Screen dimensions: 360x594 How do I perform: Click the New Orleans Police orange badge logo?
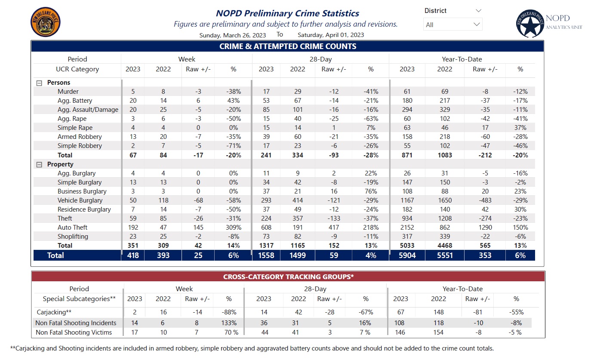[x=46, y=22]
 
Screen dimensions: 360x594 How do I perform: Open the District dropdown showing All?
[x=452, y=25]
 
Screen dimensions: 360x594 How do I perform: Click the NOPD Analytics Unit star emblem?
[x=530, y=24]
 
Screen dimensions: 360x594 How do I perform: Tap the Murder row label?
[x=68, y=92]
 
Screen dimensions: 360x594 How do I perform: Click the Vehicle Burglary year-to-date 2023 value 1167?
[x=406, y=200]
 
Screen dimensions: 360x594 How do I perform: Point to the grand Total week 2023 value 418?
[x=132, y=255]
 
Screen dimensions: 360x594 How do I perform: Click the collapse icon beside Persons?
[x=39, y=83]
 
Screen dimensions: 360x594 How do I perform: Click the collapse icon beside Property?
[x=39, y=165]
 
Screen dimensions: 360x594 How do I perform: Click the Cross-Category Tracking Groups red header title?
[x=288, y=277]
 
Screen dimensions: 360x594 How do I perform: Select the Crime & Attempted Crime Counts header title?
[x=288, y=46]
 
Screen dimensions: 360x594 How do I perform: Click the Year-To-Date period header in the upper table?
[x=462, y=59]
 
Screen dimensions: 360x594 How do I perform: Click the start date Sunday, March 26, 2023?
[x=232, y=35]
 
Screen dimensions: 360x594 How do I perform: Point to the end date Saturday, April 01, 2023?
[x=331, y=35]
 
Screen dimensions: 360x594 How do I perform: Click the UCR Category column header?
[x=77, y=69]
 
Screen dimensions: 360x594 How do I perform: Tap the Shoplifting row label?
[x=73, y=237]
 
